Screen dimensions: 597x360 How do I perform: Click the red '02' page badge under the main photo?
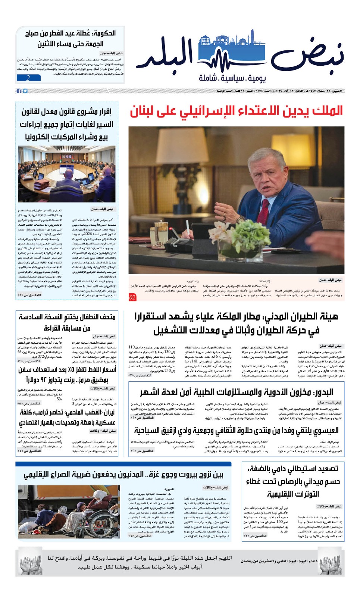[132, 297]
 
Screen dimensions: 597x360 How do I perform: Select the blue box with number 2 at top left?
[28, 78]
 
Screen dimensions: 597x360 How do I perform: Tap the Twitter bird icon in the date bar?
[25, 91]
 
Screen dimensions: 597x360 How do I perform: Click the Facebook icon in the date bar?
[19, 91]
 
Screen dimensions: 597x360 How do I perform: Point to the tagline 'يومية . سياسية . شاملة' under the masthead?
[232, 78]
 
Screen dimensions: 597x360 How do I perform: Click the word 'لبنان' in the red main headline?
[143, 111]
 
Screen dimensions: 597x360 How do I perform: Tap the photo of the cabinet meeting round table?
[66, 174]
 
